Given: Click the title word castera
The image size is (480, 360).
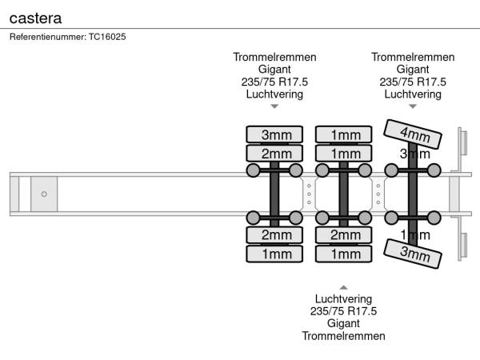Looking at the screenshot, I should click(x=35, y=16).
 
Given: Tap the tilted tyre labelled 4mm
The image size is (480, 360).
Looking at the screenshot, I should click(x=414, y=134).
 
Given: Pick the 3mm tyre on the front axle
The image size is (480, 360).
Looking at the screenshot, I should click(x=274, y=134).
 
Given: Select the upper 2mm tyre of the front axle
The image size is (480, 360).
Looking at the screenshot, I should click(x=274, y=153).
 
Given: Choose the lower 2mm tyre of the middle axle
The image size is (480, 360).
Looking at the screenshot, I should click(x=343, y=235).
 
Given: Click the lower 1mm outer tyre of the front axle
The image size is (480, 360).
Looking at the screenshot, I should click(x=274, y=254).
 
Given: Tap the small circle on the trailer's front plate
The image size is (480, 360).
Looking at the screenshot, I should click(x=44, y=194).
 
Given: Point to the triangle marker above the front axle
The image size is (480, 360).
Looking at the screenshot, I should click(x=274, y=106).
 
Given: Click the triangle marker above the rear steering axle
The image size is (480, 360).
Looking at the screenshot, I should click(x=413, y=106).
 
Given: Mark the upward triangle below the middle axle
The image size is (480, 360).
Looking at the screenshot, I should click(x=343, y=286).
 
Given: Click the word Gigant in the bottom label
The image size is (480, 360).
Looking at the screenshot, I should click(x=343, y=323).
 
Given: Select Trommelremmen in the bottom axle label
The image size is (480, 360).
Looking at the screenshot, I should click(x=343, y=336).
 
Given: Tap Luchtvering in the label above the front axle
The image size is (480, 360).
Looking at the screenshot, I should click(x=274, y=94).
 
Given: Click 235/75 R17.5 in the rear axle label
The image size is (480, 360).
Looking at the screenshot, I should click(x=413, y=82).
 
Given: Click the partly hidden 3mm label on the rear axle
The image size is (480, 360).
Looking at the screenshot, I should click(x=409, y=153).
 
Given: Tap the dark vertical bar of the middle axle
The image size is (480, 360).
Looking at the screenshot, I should click(x=343, y=194).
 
